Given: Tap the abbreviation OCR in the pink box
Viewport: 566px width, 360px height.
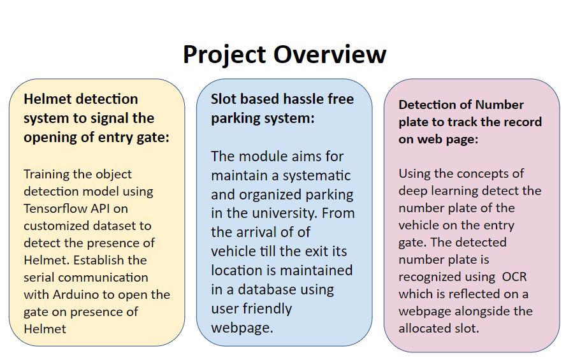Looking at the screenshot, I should click(514, 277).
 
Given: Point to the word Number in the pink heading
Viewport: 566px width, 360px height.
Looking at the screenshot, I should click(499, 104).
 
